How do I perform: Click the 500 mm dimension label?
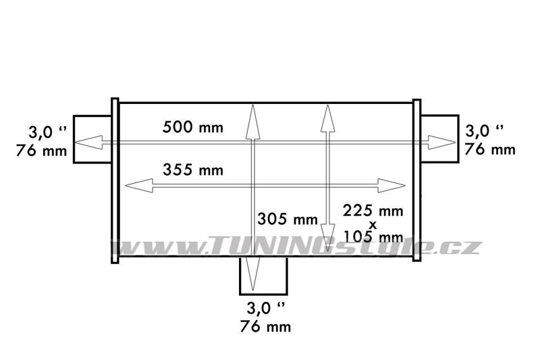(193, 127)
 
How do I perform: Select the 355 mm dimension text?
(193, 170)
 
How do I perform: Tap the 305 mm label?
(288, 219)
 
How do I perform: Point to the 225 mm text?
(373, 211)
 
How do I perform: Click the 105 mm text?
(374, 236)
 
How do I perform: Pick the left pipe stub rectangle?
(92, 139)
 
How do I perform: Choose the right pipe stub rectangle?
(439, 138)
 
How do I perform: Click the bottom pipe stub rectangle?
(263, 276)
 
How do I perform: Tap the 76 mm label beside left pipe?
(41, 151)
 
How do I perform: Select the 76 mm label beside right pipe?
(490, 149)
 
